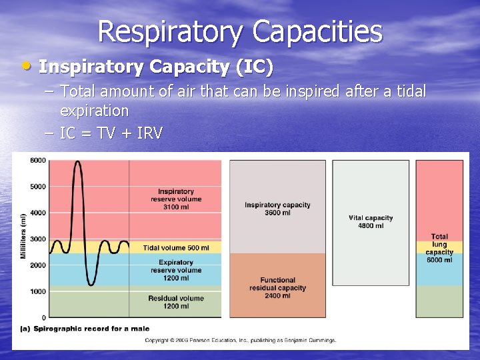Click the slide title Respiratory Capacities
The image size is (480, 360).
(x=240, y=31)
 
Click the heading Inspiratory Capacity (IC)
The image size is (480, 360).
(x=155, y=67)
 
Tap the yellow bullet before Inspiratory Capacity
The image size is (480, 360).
(x=27, y=66)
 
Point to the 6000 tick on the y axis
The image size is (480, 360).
(x=37, y=160)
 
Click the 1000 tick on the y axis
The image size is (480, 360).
(x=37, y=291)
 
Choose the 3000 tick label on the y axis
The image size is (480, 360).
(x=37, y=239)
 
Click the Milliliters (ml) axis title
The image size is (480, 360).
(x=23, y=237)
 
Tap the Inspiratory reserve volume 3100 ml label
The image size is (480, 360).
(x=176, y=199)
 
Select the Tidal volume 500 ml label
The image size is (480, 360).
(x=176, y=248)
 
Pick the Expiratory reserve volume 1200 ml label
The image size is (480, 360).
(x=176, y=270)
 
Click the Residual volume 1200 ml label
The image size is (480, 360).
(x=176, y=301)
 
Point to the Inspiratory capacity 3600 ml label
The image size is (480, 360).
(x=277, y=209)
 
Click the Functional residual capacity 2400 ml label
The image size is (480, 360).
(x=278, y=287)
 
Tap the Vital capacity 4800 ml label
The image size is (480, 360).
(x=371, y=221)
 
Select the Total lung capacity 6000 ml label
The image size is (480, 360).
(x=439, y=248)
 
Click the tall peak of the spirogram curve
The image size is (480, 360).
(x=77, y=162)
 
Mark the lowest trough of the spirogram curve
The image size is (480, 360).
(x=91, y=285)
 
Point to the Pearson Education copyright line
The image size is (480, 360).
(x=241, y=340)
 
